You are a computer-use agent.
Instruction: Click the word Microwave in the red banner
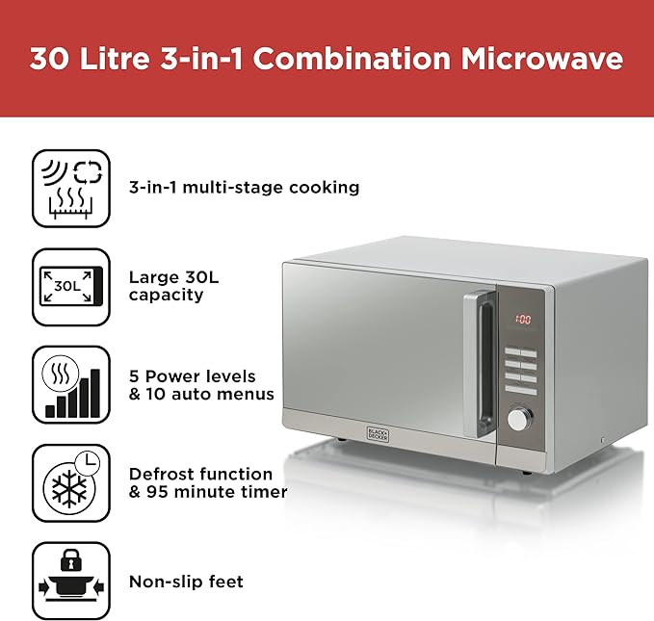tap(542, 59)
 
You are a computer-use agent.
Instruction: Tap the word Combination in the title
tap(352, 59)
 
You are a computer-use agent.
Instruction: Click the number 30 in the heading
tap(49, 59)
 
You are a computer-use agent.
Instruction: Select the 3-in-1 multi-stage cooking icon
tap(71, 189)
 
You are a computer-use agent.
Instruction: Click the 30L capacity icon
tap(71, 287)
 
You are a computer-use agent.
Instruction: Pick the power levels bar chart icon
tap(71, 385)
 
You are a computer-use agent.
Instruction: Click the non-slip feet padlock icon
tap(71, 581)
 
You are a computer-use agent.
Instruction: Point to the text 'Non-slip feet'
tap(186, 582)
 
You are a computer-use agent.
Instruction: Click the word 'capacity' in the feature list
tap(166, 296)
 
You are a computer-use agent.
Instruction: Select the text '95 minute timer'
tap(217, 492)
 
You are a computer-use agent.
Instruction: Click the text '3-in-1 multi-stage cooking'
tap(244, 187)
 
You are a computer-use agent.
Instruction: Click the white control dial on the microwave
tap(519, 419)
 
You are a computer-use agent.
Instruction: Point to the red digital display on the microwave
tap(523, 320)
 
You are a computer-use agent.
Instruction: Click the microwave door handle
tap(480, 364)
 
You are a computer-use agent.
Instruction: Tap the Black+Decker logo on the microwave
tap(378, 434)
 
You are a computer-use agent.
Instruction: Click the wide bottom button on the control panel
tap(521, 390)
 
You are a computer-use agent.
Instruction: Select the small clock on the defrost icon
tap(88, 462)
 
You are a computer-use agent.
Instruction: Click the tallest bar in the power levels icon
tap(95, 393)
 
